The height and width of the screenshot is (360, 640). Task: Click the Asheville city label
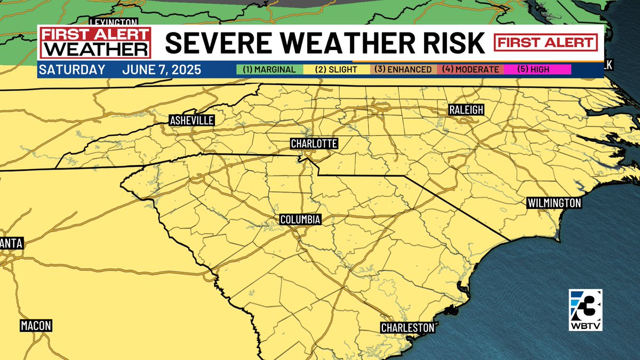tap(191, 121)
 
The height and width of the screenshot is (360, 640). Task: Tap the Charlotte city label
tap(314, 143)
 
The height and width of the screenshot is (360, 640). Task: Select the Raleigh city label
tap(466, 110)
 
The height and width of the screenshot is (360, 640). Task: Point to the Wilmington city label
tap(554, 203)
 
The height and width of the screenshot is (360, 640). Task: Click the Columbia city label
tap(300, 220)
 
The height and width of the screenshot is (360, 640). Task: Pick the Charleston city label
tap(407, 327)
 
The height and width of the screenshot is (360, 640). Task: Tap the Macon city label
tap(36, 325)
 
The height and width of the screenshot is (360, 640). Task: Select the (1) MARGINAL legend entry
tap(269, 69)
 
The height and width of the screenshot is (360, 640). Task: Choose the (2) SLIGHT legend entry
tap(337, 69)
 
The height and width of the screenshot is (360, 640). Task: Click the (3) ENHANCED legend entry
tap(403, 69)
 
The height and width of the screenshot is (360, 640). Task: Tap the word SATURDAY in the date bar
tap(72, 70)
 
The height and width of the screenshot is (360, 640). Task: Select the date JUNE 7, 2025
tap(162, 70)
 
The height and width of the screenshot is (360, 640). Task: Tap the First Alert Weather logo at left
tap(94, 43)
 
